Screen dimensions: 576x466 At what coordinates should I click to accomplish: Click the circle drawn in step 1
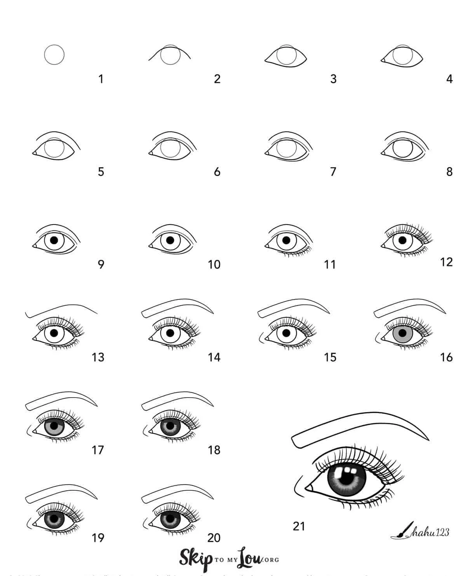pyautogui.click(x=54, y=55)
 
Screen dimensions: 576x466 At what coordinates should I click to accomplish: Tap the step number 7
pyautogui.click(x=333, y=171)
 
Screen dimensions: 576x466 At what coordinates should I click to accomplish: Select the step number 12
pyautogui.click(x=447, y=262)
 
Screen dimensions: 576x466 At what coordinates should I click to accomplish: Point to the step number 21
pyautogui.click(x=299, y=526)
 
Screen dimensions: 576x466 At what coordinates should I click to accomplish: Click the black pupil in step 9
pyautogui.click(x=54, y=240)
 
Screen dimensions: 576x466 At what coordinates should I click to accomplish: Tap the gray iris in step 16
pyautogui.click(x=402, y=333)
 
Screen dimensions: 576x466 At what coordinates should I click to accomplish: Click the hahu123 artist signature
pyautogui.click(x=429, y=532)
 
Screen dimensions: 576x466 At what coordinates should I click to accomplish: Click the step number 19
pyautogui.click(x=98, y=538)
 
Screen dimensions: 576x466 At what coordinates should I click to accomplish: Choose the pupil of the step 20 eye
pyautogui.click(x=170, y=519)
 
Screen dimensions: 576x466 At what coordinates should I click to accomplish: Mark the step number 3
pyautogui.click(x=333, y=79)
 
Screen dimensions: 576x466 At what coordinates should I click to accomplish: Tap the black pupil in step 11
pyautogui.click(x=286, y=240)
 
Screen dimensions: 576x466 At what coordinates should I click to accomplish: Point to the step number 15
pyautogui.click(x=330, y=357)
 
